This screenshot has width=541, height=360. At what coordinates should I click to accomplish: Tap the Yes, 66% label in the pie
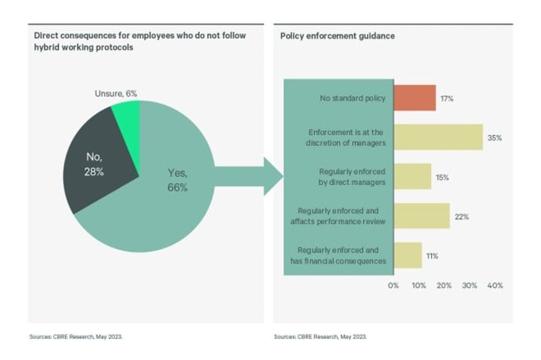pos(178,180)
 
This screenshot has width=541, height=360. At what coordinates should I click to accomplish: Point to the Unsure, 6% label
pos(116,94)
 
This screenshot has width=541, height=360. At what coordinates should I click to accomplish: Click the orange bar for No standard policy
pos(415,98)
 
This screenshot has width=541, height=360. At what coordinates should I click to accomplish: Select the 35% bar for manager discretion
pos(438,137)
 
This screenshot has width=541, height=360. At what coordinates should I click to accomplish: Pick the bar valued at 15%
pos(412,177)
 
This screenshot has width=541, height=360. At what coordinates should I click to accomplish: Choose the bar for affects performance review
pos(421,216)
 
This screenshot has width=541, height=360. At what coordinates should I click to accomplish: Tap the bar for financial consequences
pos(407,255)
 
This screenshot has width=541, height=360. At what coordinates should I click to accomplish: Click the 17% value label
pos(446,98)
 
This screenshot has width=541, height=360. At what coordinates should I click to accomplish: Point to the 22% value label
pos(462,216)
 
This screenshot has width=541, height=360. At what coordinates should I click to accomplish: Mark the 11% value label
pos(432,256)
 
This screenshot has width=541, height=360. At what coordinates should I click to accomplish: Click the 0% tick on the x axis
pos(394,286)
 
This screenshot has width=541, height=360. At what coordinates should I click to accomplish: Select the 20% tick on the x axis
pos(444,286)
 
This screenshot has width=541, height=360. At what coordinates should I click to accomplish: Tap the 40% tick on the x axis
pos(495,286)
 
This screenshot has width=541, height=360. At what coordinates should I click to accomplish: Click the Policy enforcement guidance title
pos(337,36)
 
